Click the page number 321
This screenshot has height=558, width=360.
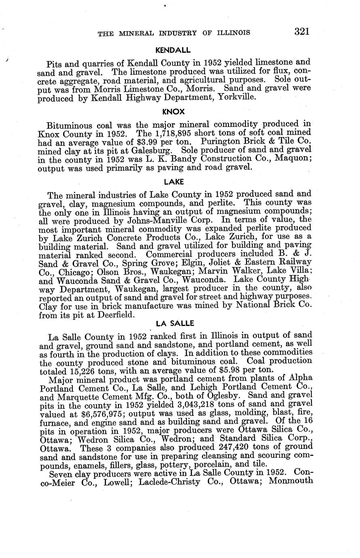click(x=302, y=32)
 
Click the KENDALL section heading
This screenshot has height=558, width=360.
click(x=173, y=51)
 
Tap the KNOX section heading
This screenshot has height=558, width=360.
click(x=173, y=111)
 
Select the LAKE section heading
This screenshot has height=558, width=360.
click(x=174, y=182)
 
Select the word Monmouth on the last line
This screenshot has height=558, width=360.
click(x=290, y=481)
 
